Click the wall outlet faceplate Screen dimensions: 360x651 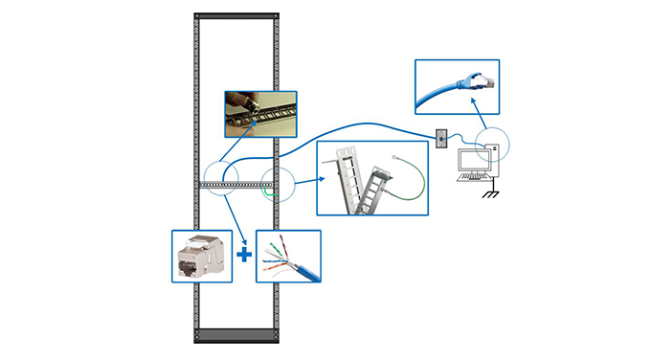(x=441, y=139)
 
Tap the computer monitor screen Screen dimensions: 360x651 (x=473, y=160)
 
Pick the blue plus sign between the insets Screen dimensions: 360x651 (x=244, y=256)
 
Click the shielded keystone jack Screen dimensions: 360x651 (x=202, y=256)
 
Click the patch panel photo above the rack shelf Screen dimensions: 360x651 (x=259, y=114)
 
